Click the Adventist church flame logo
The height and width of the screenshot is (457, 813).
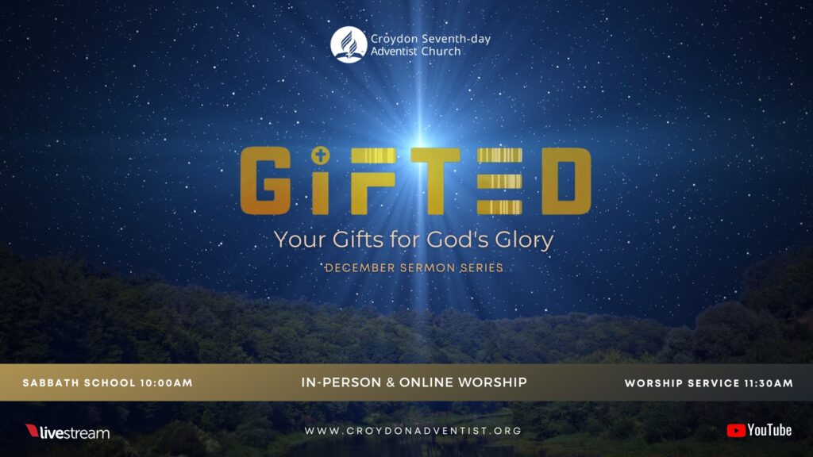click(349, 44)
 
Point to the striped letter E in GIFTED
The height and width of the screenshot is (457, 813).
click(499, 181)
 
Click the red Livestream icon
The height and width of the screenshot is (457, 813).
click(33, 431)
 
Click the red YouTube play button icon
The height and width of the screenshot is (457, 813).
click(736, 431)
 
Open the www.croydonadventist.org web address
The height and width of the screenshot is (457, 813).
click(413, 431)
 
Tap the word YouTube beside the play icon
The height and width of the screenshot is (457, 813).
click(769, 431)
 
